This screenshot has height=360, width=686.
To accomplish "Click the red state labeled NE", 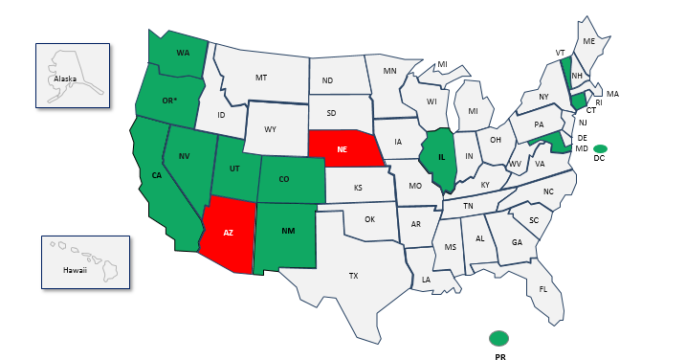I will pos(343,149).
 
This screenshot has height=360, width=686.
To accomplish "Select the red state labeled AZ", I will pos(229,233).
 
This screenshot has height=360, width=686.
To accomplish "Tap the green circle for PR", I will pos(498,337).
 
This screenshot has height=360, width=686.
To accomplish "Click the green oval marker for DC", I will pos(600,148).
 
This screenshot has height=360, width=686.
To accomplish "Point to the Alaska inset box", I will pos(73,75).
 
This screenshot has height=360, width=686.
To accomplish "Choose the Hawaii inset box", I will pos(84,261).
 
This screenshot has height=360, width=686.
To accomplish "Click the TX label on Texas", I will pos(353,276).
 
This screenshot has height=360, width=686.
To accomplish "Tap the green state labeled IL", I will pos(441,157).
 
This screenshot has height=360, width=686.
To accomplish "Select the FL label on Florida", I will pos(543,289).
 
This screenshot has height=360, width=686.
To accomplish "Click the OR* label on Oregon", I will pos(169,101).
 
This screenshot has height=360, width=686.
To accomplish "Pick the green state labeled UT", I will pos(232,169).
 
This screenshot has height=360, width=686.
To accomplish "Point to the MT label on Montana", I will pos(261,78).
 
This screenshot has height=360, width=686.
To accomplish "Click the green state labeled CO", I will pos(283,178).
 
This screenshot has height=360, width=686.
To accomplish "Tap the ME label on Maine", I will pos(589,42).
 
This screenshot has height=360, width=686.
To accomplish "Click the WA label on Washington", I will pos(183,53).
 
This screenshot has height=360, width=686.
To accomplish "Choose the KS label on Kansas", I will pos(358,188).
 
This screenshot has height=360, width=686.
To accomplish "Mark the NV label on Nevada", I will pos(183,156).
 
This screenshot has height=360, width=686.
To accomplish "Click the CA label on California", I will pos(156,175).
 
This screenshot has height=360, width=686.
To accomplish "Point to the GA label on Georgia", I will pos(518,242).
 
